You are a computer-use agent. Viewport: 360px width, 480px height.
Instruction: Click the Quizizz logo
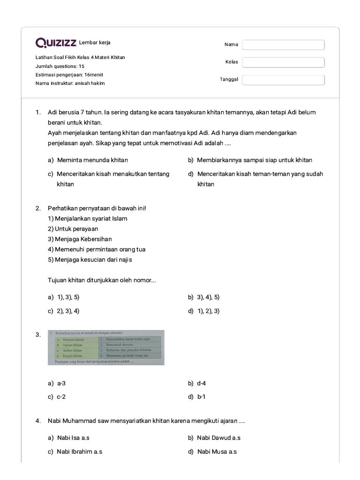pos(56,43)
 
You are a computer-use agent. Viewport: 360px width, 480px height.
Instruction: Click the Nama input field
pos(283,45)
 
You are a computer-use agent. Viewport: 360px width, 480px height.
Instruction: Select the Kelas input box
pos(283,62)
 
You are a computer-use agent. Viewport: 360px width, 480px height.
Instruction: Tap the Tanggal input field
pos(283,79)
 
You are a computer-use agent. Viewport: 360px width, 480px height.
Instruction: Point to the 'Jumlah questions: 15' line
pos(60,66)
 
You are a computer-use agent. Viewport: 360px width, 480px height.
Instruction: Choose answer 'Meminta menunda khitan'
pos(92,160)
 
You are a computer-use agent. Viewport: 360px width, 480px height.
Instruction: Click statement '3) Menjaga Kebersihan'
pos(80,239)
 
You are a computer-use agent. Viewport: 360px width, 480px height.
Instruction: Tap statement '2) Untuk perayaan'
pos(73,229)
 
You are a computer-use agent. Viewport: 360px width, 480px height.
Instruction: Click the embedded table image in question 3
pos(106,347)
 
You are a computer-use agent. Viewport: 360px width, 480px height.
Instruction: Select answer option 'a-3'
pos(62,383)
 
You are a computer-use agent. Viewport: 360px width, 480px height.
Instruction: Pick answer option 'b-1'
pos(202,397)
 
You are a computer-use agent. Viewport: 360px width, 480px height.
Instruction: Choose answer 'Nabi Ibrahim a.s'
pos(79,452)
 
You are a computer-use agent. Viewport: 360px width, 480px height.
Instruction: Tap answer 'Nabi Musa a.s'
pos(217,452)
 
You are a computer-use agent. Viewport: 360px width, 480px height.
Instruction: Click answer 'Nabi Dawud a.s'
pos(218,438)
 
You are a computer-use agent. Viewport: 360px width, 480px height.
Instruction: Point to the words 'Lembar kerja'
pos(95,43)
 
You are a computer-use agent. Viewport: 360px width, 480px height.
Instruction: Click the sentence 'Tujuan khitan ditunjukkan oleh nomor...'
pos(102,280)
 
